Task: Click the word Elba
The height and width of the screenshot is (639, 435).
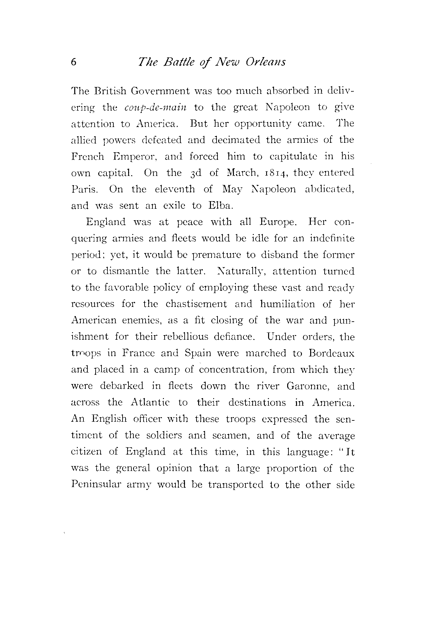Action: click(x=221, y=206)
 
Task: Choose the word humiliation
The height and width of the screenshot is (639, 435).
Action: click(x=287, y=304)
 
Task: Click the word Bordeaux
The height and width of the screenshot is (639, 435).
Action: click(x=332, y=353)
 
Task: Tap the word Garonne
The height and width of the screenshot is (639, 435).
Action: click(x=308, y=386)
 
